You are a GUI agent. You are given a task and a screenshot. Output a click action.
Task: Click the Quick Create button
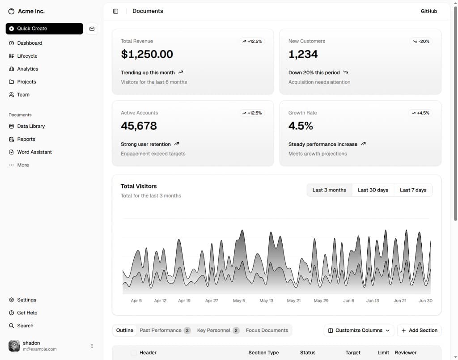(x=44, y=29)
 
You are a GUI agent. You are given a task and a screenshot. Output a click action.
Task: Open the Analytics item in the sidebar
(x=27, y=69)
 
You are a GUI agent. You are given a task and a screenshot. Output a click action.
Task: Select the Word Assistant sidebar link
(x=34, y=152)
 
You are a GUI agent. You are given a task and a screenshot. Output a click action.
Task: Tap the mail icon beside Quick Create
(x=92, y=29)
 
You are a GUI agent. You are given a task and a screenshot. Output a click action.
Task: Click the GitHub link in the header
(x=429, y=11)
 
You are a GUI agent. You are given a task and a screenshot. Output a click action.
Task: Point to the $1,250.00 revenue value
(x=147, y=54)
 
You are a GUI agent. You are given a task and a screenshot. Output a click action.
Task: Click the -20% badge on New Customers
(x=421, y=42)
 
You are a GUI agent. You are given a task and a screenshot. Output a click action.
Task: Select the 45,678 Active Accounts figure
(x=139, y=126)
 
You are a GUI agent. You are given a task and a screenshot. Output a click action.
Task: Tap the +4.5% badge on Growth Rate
(x=420, y=113)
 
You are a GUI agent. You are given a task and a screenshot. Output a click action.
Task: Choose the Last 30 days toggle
(x=373, y=190)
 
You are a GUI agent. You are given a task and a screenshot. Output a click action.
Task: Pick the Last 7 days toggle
(x=413, y=190)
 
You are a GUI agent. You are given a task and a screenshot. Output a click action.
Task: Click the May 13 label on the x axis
(x=267, y=301)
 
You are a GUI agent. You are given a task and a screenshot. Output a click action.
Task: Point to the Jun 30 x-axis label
(x=425, y=301)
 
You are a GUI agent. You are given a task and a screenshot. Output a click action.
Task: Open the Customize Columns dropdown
(x=359, y=330)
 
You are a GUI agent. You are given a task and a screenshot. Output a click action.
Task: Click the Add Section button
(x=419, y=330)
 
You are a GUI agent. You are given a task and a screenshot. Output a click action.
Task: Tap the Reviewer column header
(x=406, y=353)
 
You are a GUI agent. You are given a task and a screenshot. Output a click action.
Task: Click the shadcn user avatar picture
(x=14, y=346)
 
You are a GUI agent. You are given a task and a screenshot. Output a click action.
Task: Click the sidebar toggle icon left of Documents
(x=116, y=11)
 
